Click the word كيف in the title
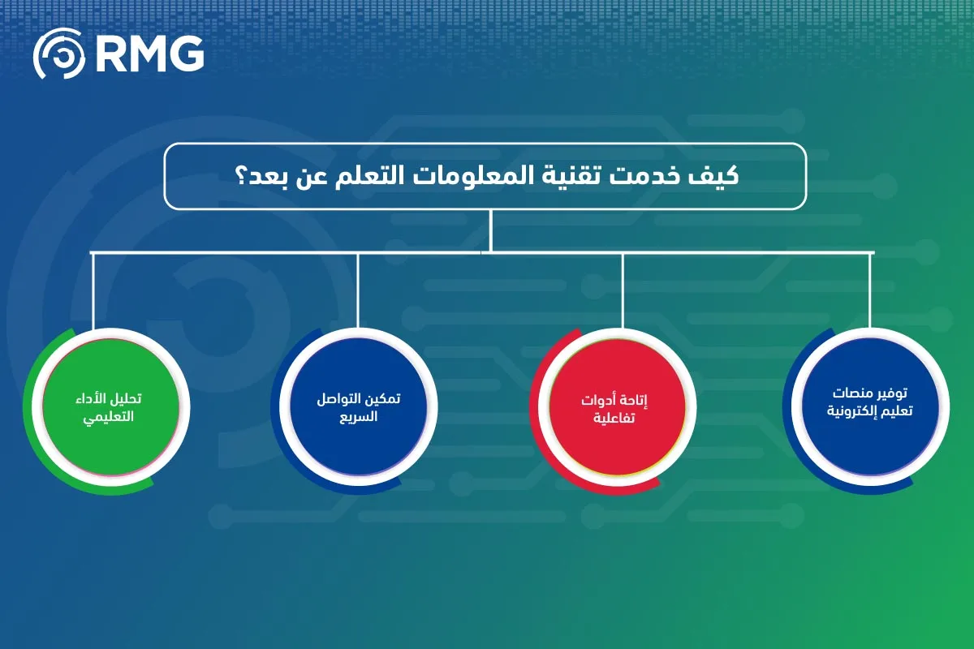(720, 176)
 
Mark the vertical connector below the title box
(491, 230)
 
